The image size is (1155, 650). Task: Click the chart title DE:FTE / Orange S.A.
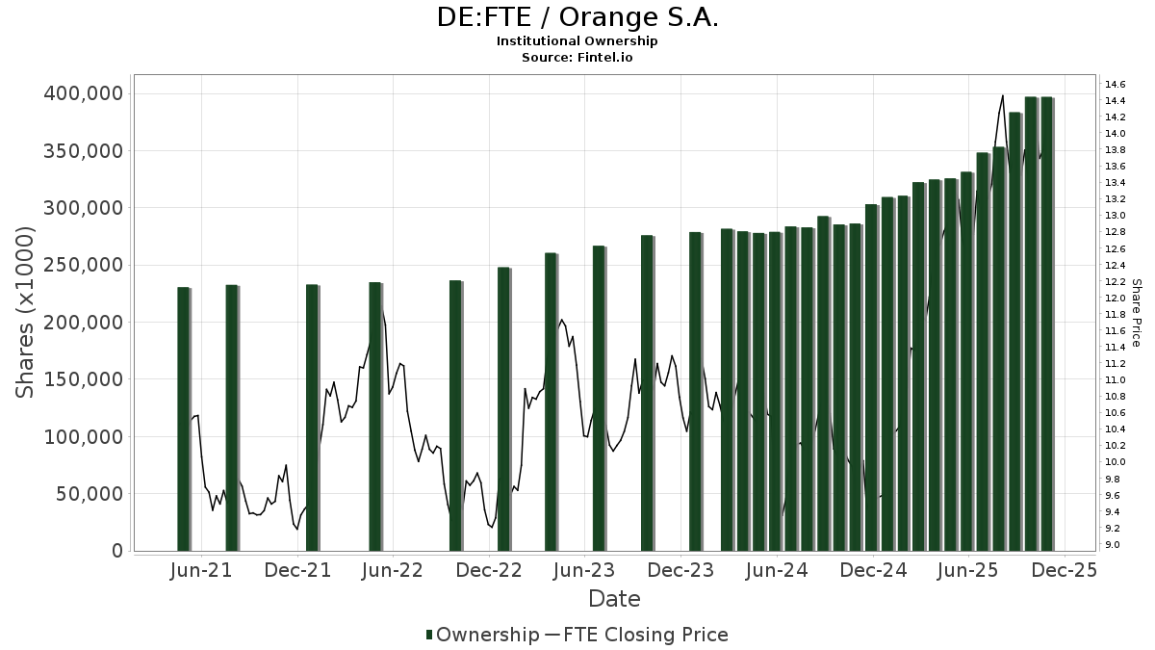(x=577, y=17)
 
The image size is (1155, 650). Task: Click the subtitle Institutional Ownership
(x=577, y=41)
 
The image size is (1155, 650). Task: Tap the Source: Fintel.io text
(x=577, y=58)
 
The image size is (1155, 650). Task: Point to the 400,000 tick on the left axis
(x=84, y=93)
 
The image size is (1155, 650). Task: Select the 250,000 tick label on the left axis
(x=84, y=265)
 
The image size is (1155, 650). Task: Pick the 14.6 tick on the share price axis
(x=1116, y=84)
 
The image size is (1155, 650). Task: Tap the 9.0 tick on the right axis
(x=1113, y=545)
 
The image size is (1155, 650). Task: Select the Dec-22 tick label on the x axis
(x=489, y=571)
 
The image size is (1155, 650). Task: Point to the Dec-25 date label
(x=1065, y=571)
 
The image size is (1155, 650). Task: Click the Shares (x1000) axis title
(x=26, y=312)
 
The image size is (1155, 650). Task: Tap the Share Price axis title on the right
(x=1137, y=312)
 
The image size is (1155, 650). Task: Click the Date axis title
(x=614, y=599)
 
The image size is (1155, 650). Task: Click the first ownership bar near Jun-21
(x=183, y=419)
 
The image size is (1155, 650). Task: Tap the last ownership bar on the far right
(x=1046, y=324)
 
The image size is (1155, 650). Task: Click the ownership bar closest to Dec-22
(x=503, y=409)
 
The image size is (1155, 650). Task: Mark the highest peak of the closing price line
(x=1002, y=95)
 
